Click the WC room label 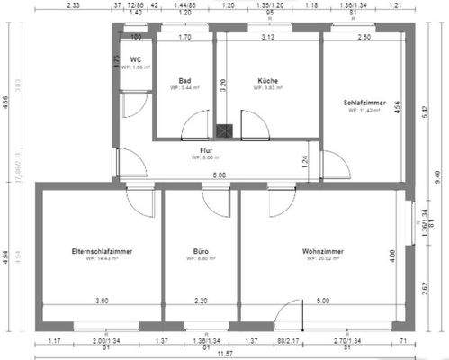tap(136, 59)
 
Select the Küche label tap(267, 79)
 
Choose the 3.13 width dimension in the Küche tap(268, 38)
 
